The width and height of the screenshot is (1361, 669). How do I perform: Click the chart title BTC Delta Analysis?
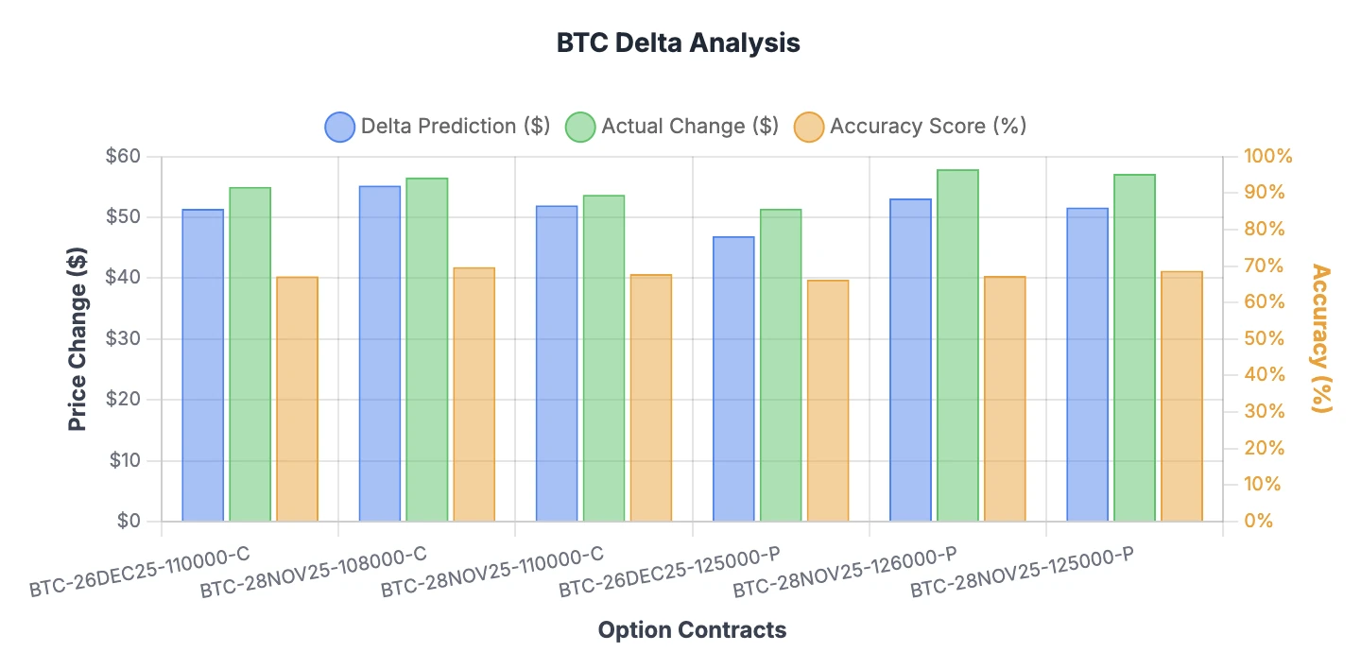coord(678,43)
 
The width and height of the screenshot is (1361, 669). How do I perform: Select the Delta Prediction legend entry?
coord(437,127)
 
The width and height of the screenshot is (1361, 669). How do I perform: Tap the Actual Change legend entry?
coord(672,127)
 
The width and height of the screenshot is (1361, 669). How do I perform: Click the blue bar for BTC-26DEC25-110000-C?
coord(202,365)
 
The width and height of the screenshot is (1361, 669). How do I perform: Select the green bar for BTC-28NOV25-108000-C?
coord(426,350)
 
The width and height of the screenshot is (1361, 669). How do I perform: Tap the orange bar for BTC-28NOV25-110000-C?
coord(651,398)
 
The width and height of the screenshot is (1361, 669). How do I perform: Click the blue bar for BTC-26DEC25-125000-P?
coord(733,378)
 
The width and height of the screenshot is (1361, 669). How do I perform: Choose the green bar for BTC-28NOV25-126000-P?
coord(957,345)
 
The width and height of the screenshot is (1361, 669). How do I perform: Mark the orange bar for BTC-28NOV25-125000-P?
coord(1181,396)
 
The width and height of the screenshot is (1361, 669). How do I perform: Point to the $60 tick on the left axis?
coord(126,157)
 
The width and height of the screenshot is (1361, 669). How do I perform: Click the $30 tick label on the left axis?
coord(126,339)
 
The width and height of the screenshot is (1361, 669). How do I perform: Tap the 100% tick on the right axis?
coord(1267,157)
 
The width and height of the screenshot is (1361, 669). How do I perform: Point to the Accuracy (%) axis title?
coord(1320,338)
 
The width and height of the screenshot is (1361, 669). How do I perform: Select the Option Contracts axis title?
coord(692,630)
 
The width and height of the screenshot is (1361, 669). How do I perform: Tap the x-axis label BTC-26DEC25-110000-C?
coord(141,571)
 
